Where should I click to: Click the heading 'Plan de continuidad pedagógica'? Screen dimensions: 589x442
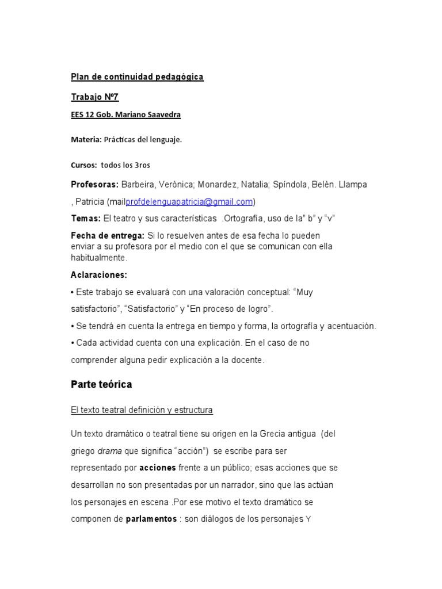[x=137, y=77]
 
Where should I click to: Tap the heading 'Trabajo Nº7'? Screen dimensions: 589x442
[x=94, y=97]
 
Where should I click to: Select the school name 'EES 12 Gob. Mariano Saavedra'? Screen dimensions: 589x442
[x=125, y=114]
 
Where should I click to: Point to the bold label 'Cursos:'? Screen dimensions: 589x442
[x=84, y=165]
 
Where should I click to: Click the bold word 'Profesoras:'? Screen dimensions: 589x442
[x=94, y=185]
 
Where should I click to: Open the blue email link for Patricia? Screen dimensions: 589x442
[x=189, y=202]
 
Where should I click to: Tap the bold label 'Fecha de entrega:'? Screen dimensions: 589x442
[x=108, y=236]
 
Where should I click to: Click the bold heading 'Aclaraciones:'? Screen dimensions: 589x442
[x=99, y=274]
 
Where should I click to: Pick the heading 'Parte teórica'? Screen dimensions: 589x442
[x=101, y=384]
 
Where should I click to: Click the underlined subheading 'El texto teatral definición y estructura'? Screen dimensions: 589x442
[x=142, y=410]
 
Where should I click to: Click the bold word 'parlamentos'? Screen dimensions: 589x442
[x=151, y=519]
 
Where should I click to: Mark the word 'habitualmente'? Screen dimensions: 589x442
[x=98, y=258]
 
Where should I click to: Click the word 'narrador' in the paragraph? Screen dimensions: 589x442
[x=235, y=485]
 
